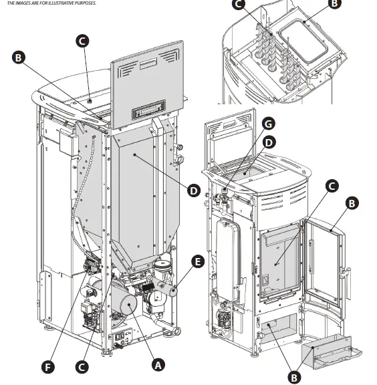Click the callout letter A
coord(158,365)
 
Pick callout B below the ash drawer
coord(293,377)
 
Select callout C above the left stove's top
coord(82,41)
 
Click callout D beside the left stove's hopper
coord(193,190)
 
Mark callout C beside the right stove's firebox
coord(332,186)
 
